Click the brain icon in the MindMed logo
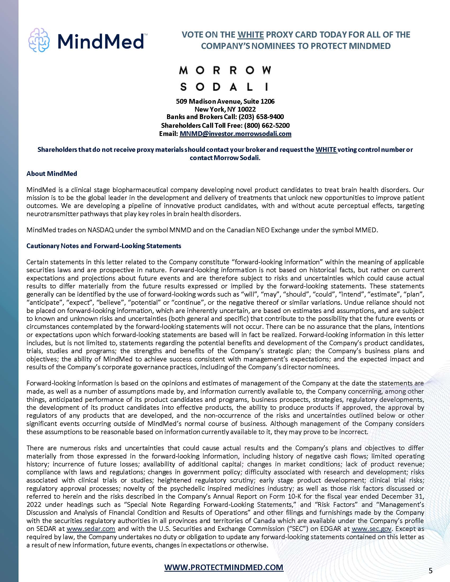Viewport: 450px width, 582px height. tap(39, 40)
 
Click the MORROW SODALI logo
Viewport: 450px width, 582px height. tap(225, 78)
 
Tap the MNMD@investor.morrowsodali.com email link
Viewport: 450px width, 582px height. tap(235, 134)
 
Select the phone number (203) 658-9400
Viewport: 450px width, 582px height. tap(261, 117)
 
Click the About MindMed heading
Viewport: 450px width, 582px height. tap(52, 174)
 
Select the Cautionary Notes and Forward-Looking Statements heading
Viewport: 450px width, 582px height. tap(104, 246)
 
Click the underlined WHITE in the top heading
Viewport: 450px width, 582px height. tap(250, 35)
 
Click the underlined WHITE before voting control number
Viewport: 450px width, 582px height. tap(326, 150)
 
